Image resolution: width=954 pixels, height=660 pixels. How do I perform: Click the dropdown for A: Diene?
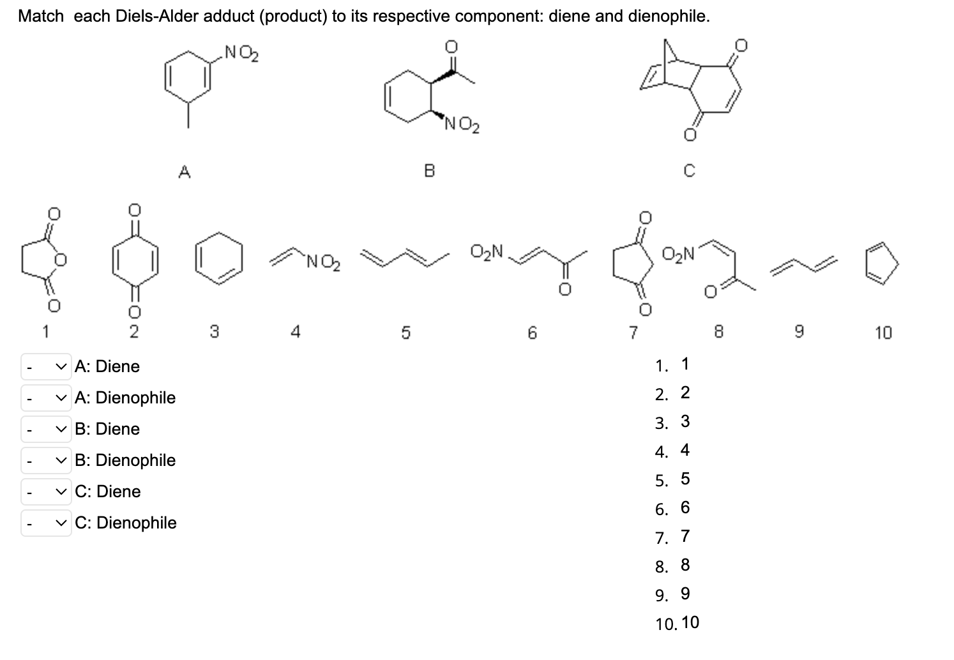pos(46,366)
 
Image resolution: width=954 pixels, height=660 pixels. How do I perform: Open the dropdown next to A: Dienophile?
pos(46,398)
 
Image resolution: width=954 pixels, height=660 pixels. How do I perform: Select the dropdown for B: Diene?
pos(46,429)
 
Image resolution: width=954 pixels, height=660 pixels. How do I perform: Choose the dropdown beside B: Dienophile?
pos(46,460)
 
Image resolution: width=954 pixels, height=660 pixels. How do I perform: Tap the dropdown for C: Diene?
pos(46,491)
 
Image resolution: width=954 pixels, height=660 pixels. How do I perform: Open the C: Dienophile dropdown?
pos(46,523)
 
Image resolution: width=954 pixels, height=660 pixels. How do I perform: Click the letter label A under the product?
pos(184,170)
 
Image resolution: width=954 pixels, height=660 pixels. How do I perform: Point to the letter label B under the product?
pos(429,170)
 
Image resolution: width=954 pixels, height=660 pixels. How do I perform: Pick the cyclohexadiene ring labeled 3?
pos(219,262)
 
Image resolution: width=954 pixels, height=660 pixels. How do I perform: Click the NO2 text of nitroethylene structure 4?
pos(322,262)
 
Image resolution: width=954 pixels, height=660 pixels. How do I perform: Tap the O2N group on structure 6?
pos(487,251)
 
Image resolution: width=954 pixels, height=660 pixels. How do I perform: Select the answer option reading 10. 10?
pos(678,623)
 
